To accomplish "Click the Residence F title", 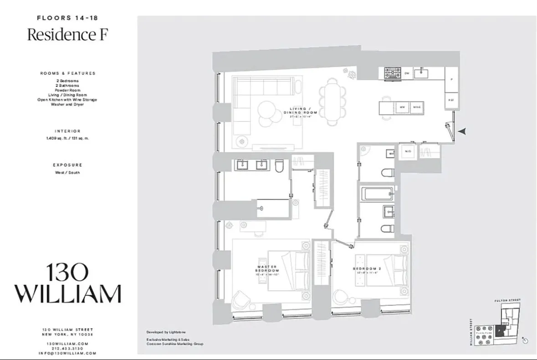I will point(67,35).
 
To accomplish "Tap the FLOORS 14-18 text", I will point(68,18).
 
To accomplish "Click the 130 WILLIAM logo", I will point(68,283).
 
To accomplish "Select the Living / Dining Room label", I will point(300,111).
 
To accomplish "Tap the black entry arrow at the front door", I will point(461,131).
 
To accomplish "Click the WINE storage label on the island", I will point(416,107).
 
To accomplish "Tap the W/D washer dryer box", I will point(408,152).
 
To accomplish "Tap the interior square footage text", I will point(68,138).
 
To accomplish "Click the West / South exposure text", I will point(68,172).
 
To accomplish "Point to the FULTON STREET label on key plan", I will point(507,300).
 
